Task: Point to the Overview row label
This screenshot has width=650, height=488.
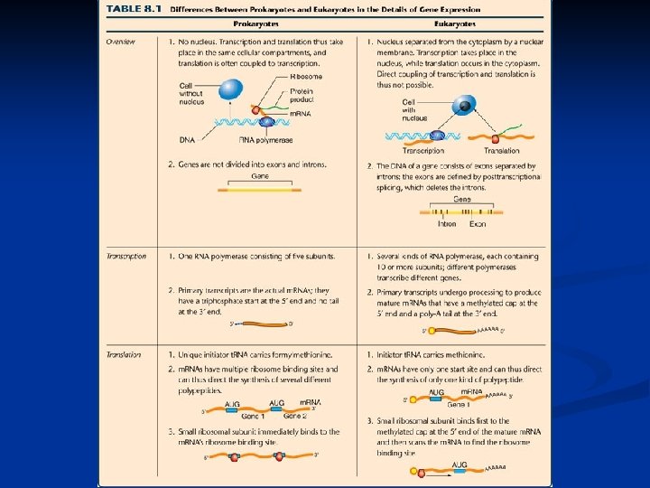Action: (x=121, y=42)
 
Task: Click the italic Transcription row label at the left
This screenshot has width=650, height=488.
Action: (x=125, y=257)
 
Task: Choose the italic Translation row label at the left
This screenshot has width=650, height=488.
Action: (x=124, y=355)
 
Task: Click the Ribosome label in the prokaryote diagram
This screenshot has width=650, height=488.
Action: (x=306, y=78)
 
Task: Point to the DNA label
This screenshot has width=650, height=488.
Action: (x=187, y=140)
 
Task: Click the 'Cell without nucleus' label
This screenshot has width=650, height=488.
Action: (x=192, y=92)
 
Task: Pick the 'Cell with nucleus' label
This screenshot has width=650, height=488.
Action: (x=414, y=108)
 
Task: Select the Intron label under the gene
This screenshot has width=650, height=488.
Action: (x=446, y=224)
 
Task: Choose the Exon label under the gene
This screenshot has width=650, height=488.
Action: (x=478, y=224)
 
